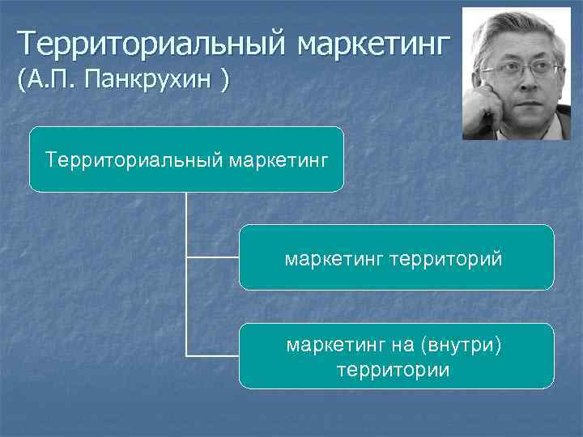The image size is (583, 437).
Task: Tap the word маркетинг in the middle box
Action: [x=334, y=259]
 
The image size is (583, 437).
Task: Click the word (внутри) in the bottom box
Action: [x=461, y=346]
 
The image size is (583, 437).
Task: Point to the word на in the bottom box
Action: [x=402, y=346]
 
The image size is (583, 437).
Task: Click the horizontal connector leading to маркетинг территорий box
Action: [x=212, y=257]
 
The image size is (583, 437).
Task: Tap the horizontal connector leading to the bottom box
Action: [x=212, y=355]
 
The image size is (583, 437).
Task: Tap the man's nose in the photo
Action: [x=519, y=81]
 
